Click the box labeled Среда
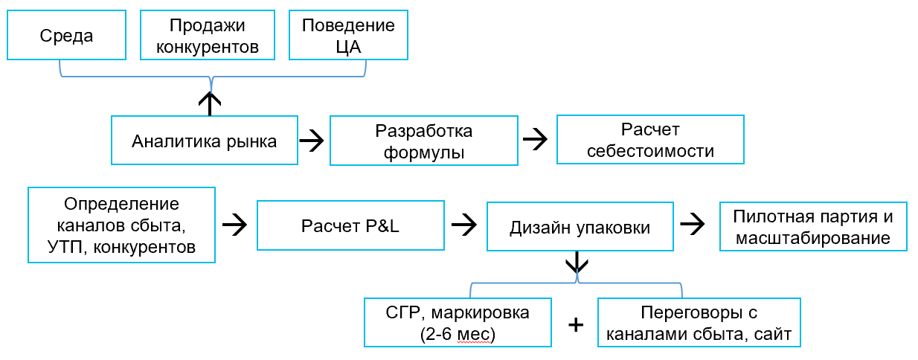pos(67,36)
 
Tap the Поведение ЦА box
pos(348,36)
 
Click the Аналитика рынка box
pos(205,140)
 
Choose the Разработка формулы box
pos(424,140)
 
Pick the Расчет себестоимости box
pos(651,140)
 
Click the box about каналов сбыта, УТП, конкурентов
pos(121,225)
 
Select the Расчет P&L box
pos(350,225)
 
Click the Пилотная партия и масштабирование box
pos(812,227)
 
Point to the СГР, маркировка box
pos(459,323)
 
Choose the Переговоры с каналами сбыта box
pos(699,323)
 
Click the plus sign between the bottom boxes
pos(575,325)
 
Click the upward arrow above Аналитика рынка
pos(211,102)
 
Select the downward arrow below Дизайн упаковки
pos(578,263)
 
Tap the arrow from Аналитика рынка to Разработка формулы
pos(312,141)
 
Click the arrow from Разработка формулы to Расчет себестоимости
pos(536,140)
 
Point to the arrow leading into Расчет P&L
pos(234,225)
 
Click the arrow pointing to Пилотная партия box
pos(693,225)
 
